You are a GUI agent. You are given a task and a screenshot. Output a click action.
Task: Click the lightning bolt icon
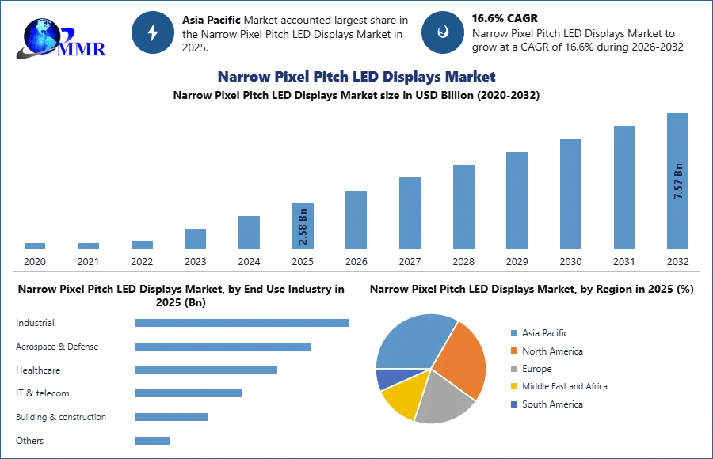(x=153, y=32)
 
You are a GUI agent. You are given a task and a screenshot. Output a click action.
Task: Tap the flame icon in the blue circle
(x=443, y=32)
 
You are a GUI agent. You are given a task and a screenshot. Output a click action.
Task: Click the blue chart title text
(x=356, y=77)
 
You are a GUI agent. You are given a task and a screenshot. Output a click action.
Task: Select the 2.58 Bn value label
(x=303, y=227)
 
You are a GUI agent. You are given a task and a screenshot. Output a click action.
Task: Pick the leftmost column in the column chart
(x=34, y=247)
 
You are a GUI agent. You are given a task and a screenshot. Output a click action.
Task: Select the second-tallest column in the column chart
(x=623, y=187)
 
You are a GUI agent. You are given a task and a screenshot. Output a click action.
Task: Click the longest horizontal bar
(x=243, y=323)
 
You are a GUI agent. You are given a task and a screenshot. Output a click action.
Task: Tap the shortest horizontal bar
(x=151, y=442)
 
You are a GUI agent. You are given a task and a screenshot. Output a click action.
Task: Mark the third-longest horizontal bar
(x=205, y=370)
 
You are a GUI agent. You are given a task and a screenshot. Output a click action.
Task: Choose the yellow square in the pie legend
(x=514, y=387)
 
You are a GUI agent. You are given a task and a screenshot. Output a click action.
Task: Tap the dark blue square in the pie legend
(x=514, y=405)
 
